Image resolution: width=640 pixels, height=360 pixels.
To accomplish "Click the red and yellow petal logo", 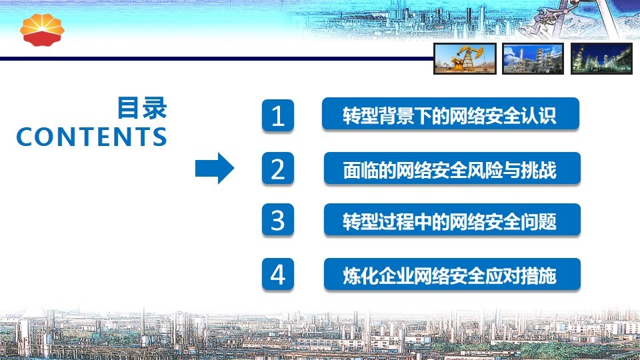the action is click(42, 30).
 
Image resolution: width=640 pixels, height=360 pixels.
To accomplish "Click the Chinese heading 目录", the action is click(142, 108).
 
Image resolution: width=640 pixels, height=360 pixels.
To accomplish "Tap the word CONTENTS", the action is click(91, 136).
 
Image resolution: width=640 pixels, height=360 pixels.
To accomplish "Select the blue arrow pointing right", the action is click(215, 168).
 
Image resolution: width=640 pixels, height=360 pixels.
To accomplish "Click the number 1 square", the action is click(278, 115).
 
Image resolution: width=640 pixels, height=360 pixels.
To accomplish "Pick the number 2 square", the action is click(278, 169).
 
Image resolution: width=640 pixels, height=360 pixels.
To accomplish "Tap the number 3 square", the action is click(278, 220).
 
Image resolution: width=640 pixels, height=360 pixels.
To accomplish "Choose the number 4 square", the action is click(278, 274).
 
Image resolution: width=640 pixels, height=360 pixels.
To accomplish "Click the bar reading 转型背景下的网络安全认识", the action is click(451, 114).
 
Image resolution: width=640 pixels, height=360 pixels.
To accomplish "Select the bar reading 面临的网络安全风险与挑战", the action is click(452, 168).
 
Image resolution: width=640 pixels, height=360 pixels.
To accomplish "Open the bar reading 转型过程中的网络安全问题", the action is click(452, 220).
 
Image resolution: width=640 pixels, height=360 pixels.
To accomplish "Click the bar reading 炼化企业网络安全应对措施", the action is click(452, 274).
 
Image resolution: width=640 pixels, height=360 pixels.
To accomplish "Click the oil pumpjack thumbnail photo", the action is click(465, 59).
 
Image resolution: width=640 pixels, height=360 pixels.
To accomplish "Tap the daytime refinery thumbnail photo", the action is click(533, 59).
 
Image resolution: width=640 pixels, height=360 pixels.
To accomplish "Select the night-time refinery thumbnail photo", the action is click(601, 59).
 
